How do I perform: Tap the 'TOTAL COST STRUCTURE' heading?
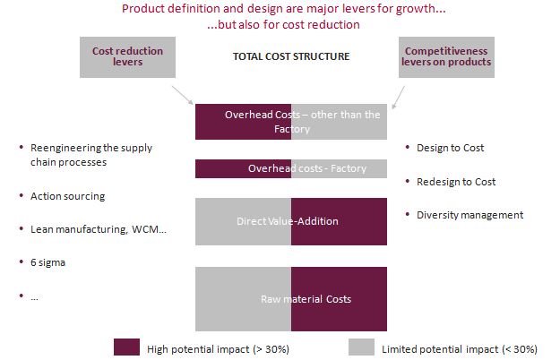[x=291, y=56]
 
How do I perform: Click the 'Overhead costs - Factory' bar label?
[x=291, y=168]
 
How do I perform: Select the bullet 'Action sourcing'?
[x=67, y=195]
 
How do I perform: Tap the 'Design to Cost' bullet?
[x=450, y=148]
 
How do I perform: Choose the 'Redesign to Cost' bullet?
[x=456, y=182]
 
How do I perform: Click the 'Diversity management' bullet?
[x=470, y=215]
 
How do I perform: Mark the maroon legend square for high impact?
[x=127, y=347]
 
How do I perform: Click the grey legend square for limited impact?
[x=360, y=347]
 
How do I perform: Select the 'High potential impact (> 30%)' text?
[x=218, y=348]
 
